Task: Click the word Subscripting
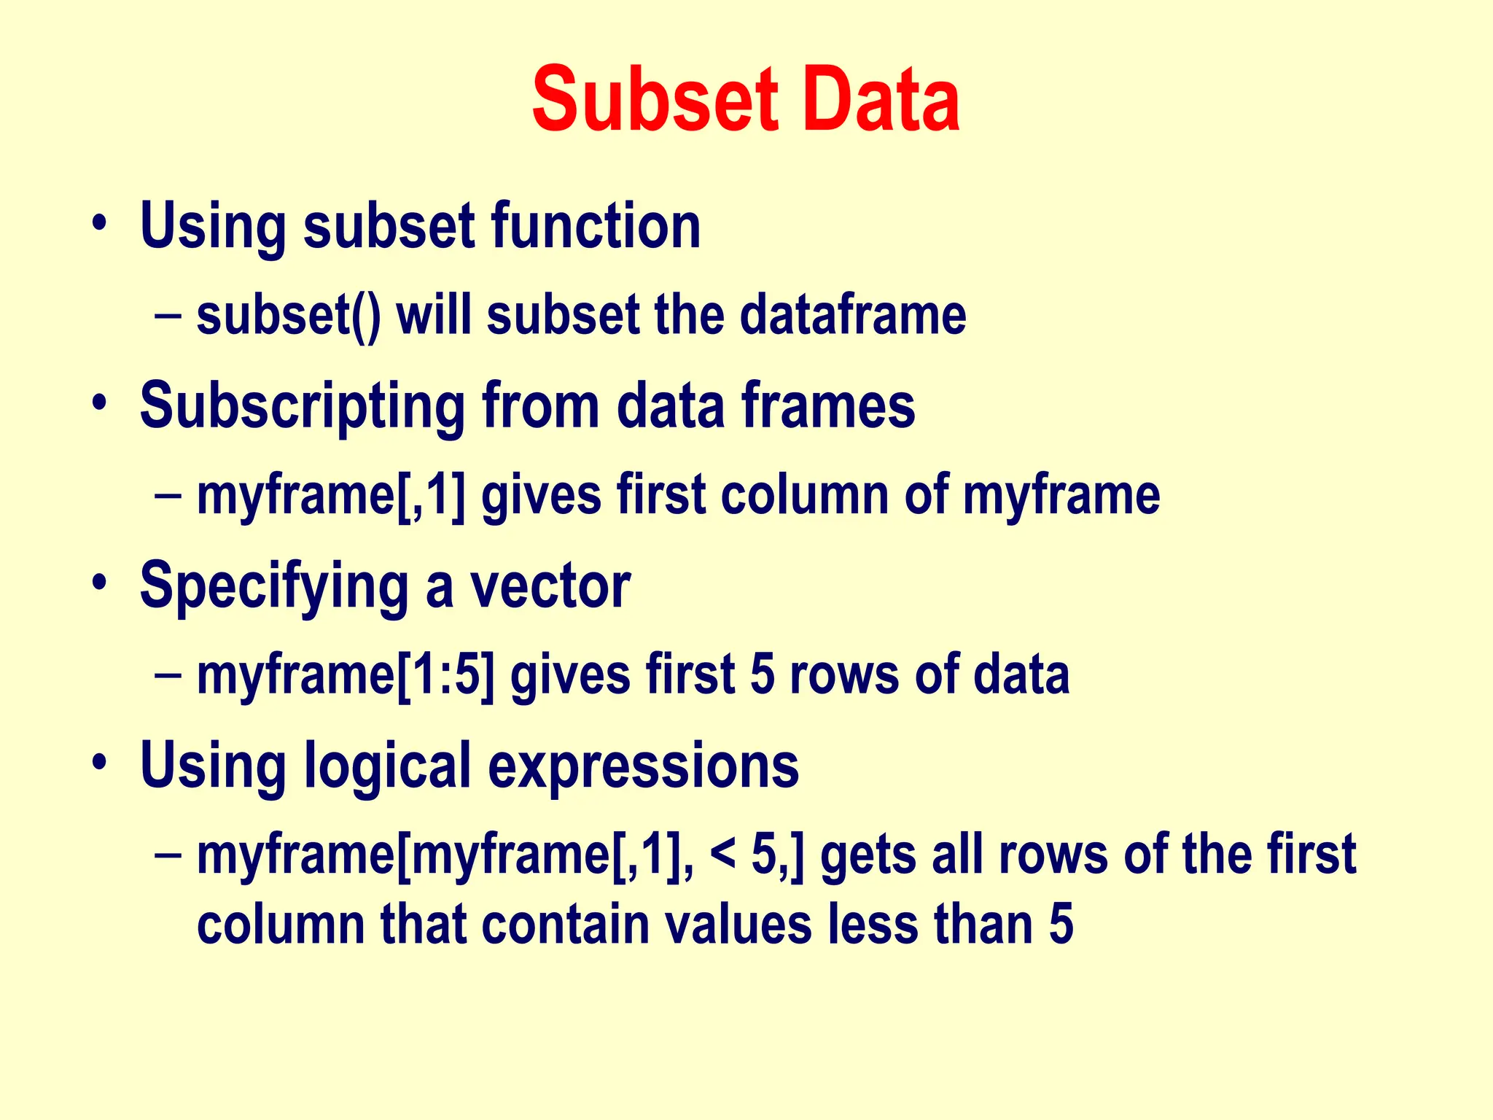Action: [x=303, y=406]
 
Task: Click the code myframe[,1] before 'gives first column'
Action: [x=332, y=495]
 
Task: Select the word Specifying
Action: [x=274, y=586]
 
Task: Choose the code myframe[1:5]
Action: [x=346, y=674]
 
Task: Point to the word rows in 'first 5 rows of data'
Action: [x=843, y=674]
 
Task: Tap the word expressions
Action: [x=643, y=767]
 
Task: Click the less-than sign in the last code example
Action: [x=722, y=854]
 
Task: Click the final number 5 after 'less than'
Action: [x=1061, y=924]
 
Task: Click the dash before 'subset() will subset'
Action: [x=168, y=316]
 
